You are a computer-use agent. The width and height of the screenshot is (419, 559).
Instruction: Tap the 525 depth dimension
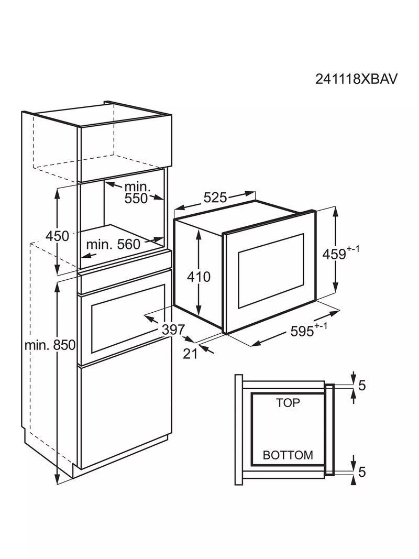[x=215, y=197]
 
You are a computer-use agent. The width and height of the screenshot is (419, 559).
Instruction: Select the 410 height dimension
[x=199, y=277]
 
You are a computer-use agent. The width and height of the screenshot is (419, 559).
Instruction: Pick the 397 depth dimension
[x=173, y=330]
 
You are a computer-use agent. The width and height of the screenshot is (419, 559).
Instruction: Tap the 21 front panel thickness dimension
[x=190, y=354]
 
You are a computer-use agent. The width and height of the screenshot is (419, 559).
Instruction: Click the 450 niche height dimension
[x=58, y=236]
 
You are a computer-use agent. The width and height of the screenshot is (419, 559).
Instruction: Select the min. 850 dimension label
[x=50, y=345]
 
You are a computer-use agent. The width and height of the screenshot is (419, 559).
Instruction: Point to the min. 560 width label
[x=113, y=244]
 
